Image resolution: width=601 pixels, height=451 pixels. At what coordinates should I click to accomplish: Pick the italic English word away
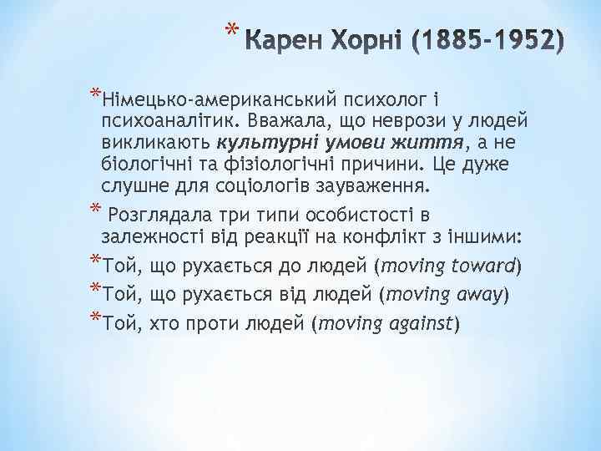tap(479, 295)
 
